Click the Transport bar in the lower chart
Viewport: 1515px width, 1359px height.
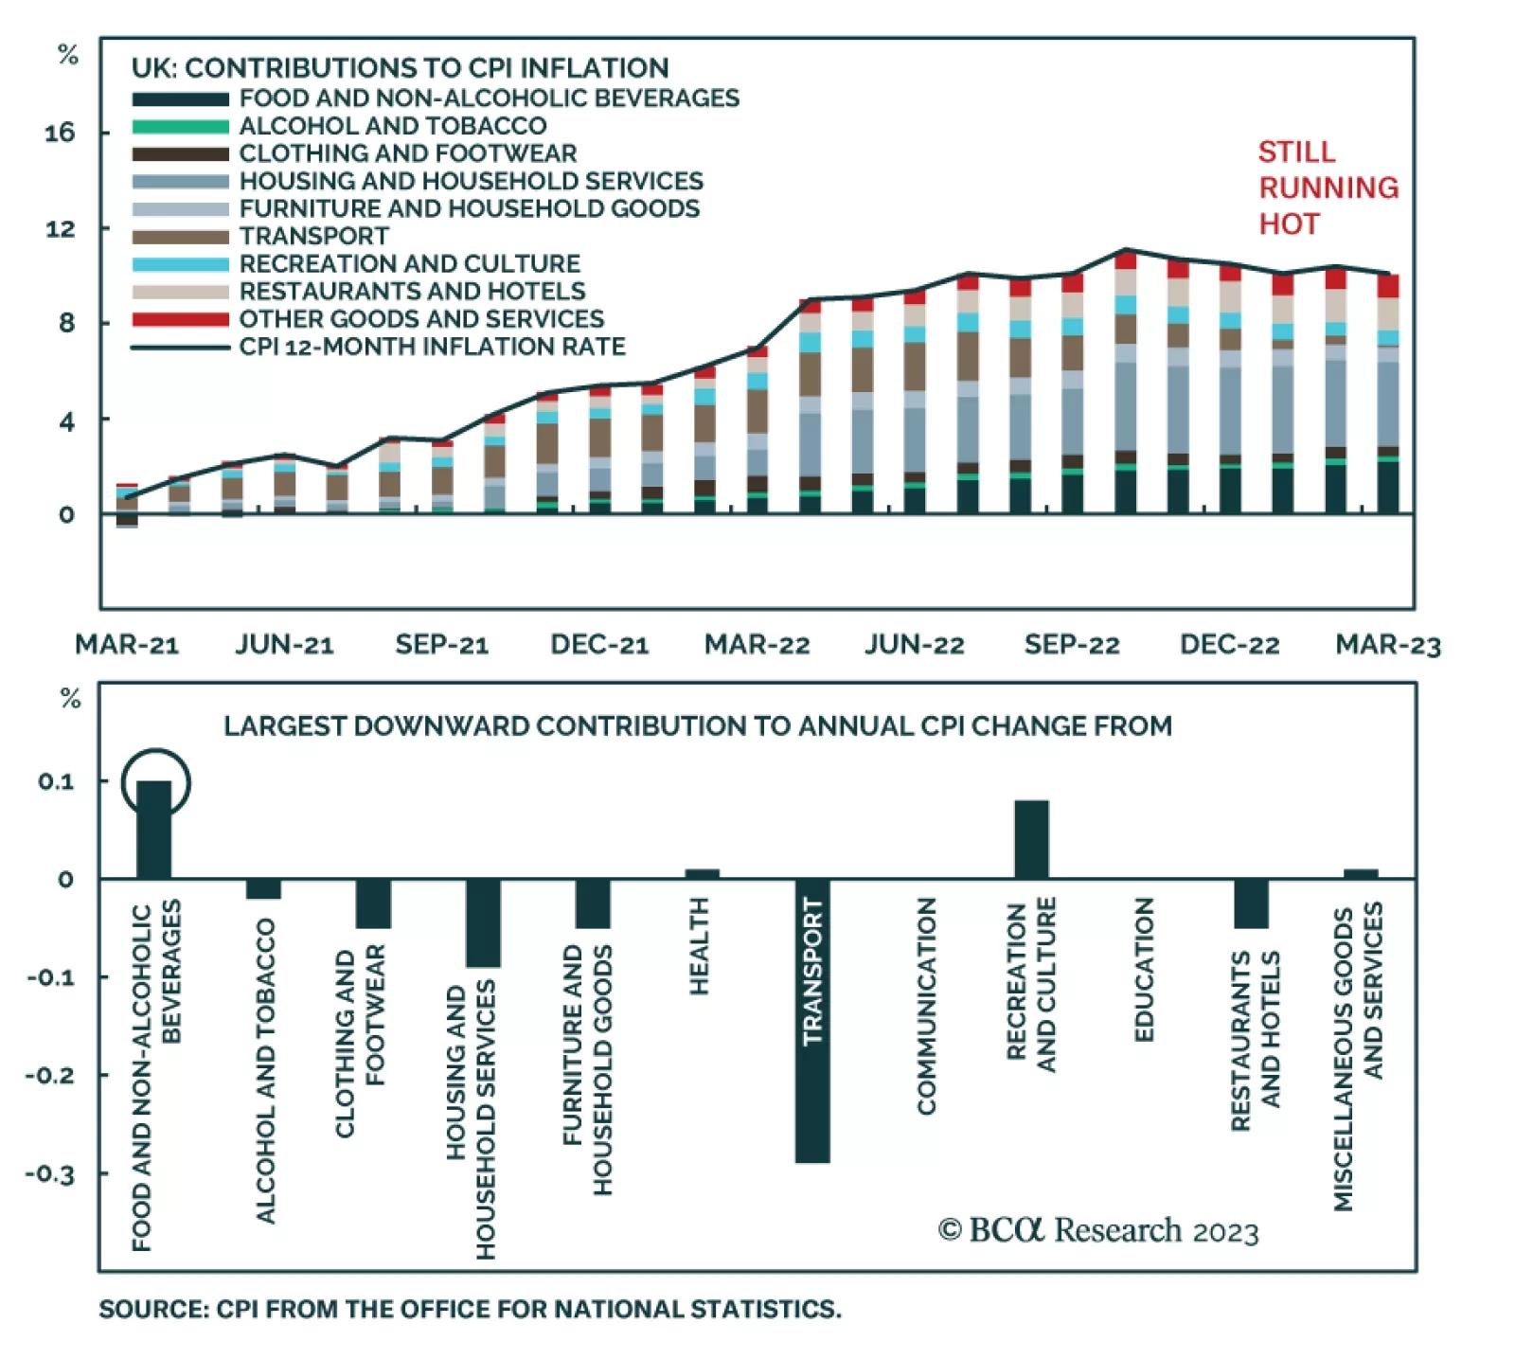[x=812, y=1020]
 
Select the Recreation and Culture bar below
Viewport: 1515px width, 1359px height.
[x=1031, y=839]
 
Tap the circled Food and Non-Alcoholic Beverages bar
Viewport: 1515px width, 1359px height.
[x=154, y=829]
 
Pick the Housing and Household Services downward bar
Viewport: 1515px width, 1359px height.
[x=483, y=922]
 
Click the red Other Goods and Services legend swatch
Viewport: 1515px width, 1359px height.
[x=180, y=319]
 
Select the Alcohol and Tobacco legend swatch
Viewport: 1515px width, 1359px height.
[x=180, y=126]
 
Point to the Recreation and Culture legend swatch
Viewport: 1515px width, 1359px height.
[x=180, y=264]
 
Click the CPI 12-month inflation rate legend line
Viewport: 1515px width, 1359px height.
[x=180, y=348]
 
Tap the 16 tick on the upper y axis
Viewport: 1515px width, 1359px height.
[x=60, y=133]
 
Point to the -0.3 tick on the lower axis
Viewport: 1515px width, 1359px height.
[x=50, y=1174]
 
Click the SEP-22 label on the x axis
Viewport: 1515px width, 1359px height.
[x=1072, y=645]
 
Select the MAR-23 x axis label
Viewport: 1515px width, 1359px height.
[x=1388, y=645]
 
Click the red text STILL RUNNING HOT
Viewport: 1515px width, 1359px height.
[x=1328, y=188]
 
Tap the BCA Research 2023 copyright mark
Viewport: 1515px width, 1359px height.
[x=1098, y=1230]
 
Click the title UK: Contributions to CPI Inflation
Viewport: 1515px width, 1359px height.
[x=400, y=68]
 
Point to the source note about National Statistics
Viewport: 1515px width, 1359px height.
[x=470, y=1309]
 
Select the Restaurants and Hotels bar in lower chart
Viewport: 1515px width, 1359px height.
[x=1251, y=903]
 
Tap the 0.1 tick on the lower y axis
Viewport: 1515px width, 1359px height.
[x=56, y=781]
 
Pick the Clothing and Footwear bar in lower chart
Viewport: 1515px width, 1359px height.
[x=373, y=903]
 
